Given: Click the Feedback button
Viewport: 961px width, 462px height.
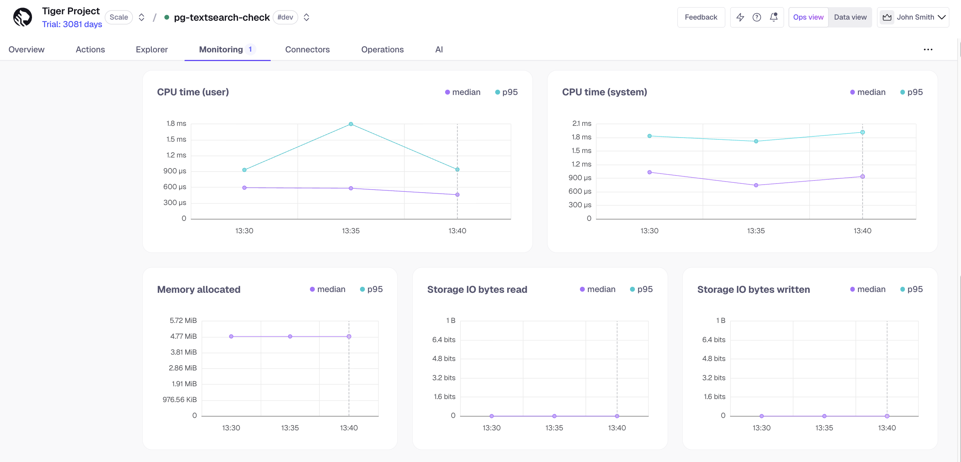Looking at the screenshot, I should pos(701,17).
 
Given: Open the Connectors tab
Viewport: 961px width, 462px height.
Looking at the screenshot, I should pos(307,49).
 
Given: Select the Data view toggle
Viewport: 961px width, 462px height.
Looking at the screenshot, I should pos(850,17).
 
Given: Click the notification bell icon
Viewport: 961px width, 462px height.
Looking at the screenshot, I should pos(773,17).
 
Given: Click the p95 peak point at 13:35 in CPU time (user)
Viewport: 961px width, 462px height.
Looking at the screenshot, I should pos(351,124).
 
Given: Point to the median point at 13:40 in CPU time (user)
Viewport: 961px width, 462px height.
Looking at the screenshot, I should pos(457,195).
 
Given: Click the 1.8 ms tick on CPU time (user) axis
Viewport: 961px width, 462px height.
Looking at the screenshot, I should pos(176,124).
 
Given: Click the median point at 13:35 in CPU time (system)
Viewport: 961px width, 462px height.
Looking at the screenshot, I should pos(756,185).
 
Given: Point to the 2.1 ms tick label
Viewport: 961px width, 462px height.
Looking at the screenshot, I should pos(581,124).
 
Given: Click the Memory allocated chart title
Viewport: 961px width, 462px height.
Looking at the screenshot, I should pos(198,289).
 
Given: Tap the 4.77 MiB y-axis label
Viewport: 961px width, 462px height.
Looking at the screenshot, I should pos(183,336).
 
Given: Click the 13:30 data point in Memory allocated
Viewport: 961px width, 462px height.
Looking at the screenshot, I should pos(231,337).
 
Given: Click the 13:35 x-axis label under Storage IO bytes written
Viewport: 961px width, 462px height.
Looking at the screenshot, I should pos(824,428).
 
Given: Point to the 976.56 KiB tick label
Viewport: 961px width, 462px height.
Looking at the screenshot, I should pos(180,399).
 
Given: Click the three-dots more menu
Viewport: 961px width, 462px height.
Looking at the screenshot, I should pos(928,50).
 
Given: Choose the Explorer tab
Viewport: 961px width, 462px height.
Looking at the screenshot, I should pos(152,49).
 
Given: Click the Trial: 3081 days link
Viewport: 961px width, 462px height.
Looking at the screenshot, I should pos(72,24).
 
